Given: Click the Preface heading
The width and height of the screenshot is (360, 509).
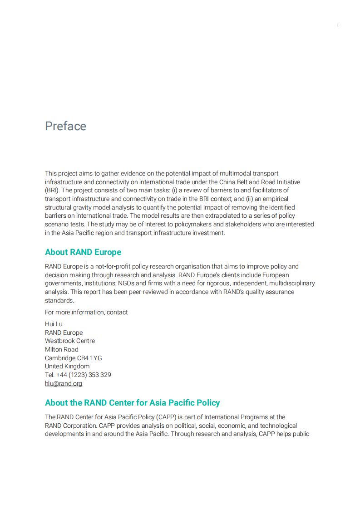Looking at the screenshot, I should pyautogui.click(x=65, y=126).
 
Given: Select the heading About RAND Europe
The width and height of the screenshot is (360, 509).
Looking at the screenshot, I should pyautogui.click(x=83, y=252).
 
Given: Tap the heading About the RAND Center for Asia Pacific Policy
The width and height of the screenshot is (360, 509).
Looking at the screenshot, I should pyautogui.click(x=132, y=403).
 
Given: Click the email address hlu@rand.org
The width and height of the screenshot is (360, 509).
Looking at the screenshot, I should pyautogui.click(x=64, y=383).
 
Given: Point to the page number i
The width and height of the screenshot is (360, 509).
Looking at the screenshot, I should pyautogui.click(x=338, y=25).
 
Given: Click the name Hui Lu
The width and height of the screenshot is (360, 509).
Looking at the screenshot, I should pyautogui.click(x=54, y=324).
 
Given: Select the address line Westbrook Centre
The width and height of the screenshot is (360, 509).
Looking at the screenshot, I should pyautogui.click(x=70, y=341).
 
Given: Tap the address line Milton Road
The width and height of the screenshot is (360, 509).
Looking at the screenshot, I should pyautogui.click(x=62, y=349).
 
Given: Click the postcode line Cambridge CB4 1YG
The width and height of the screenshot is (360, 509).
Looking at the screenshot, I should pyautogui.click(x=73, y=358).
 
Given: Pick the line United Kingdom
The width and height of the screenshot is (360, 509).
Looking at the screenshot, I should pyautogui.click(x=67, y=366).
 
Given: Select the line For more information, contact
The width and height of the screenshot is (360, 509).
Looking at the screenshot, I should pyautogui.click(x=86, y=312).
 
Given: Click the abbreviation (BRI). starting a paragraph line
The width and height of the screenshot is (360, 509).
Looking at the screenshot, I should pyautogui.click(x=52, y=190).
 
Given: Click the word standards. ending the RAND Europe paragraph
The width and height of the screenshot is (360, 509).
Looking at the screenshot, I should pyautogui.click(x=59, y=300).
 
